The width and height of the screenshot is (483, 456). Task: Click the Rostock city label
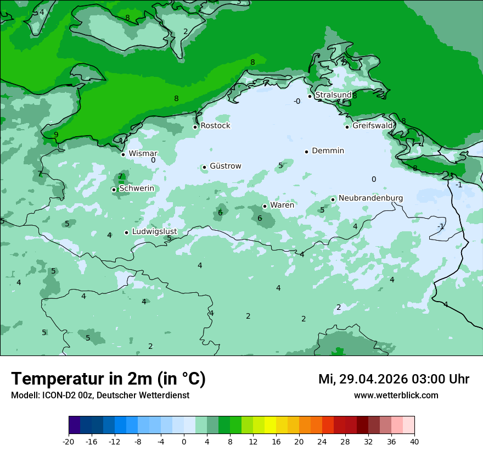pos(215,126)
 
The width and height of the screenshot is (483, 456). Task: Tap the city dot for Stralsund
pos(310,96)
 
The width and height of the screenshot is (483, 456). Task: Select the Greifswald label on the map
pos(372,126)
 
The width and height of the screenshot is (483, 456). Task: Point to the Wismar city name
pos(143,154)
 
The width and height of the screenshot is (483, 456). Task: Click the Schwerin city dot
pos(114,190)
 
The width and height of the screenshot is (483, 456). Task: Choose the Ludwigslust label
pos(154,232)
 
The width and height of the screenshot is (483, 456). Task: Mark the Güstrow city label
pos(225,166)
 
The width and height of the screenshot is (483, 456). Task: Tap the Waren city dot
pos(265,206)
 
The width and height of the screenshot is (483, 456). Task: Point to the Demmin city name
pos(328,151)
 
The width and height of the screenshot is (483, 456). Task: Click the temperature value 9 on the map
pos(56,135)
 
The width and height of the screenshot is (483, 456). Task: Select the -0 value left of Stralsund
pos(296,101)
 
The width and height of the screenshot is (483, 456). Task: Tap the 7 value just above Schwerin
pos(120,176)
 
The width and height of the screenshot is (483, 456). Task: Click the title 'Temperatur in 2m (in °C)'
pos(108,379)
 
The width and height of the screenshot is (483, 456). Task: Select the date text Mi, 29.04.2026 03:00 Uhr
pos(394,379)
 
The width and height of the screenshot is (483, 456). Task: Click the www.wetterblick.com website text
pos(396,396)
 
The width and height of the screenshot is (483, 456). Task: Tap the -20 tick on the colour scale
pos(69,441)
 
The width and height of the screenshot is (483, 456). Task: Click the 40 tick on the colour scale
pos(414,441)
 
